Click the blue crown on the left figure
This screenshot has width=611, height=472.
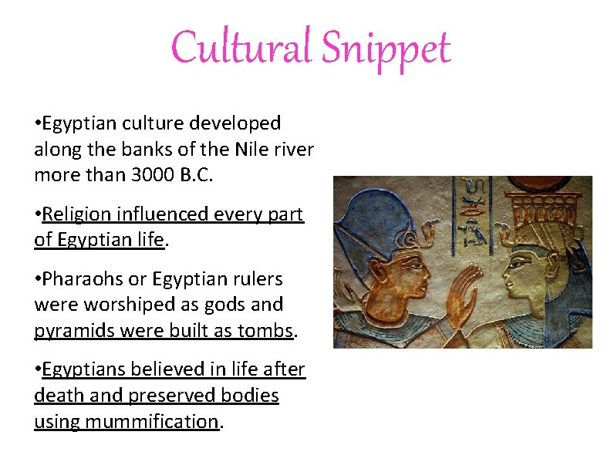coord(379,224)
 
